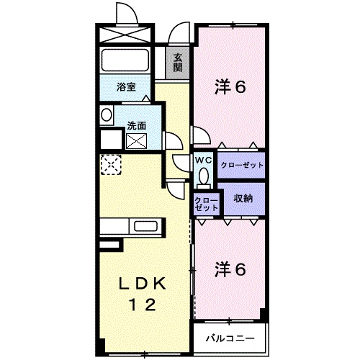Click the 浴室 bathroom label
pyautogui.click(x=127, y=88)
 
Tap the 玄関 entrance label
pyautogui.click(x=177, y=63)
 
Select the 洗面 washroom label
pyautogui.click(x=137, y=125)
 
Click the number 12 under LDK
pyautogui.click(x=143, y=305)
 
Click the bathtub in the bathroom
pyautogui.click(x=125, y=60)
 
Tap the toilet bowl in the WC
pyautogui.click(x=202, y=176)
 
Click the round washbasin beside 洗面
pyautogui.click(x=107, y=115)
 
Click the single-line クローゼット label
pyautogui.click(x=242, y=166)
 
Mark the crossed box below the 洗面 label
pyautogui.click(x=137, y=140)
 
